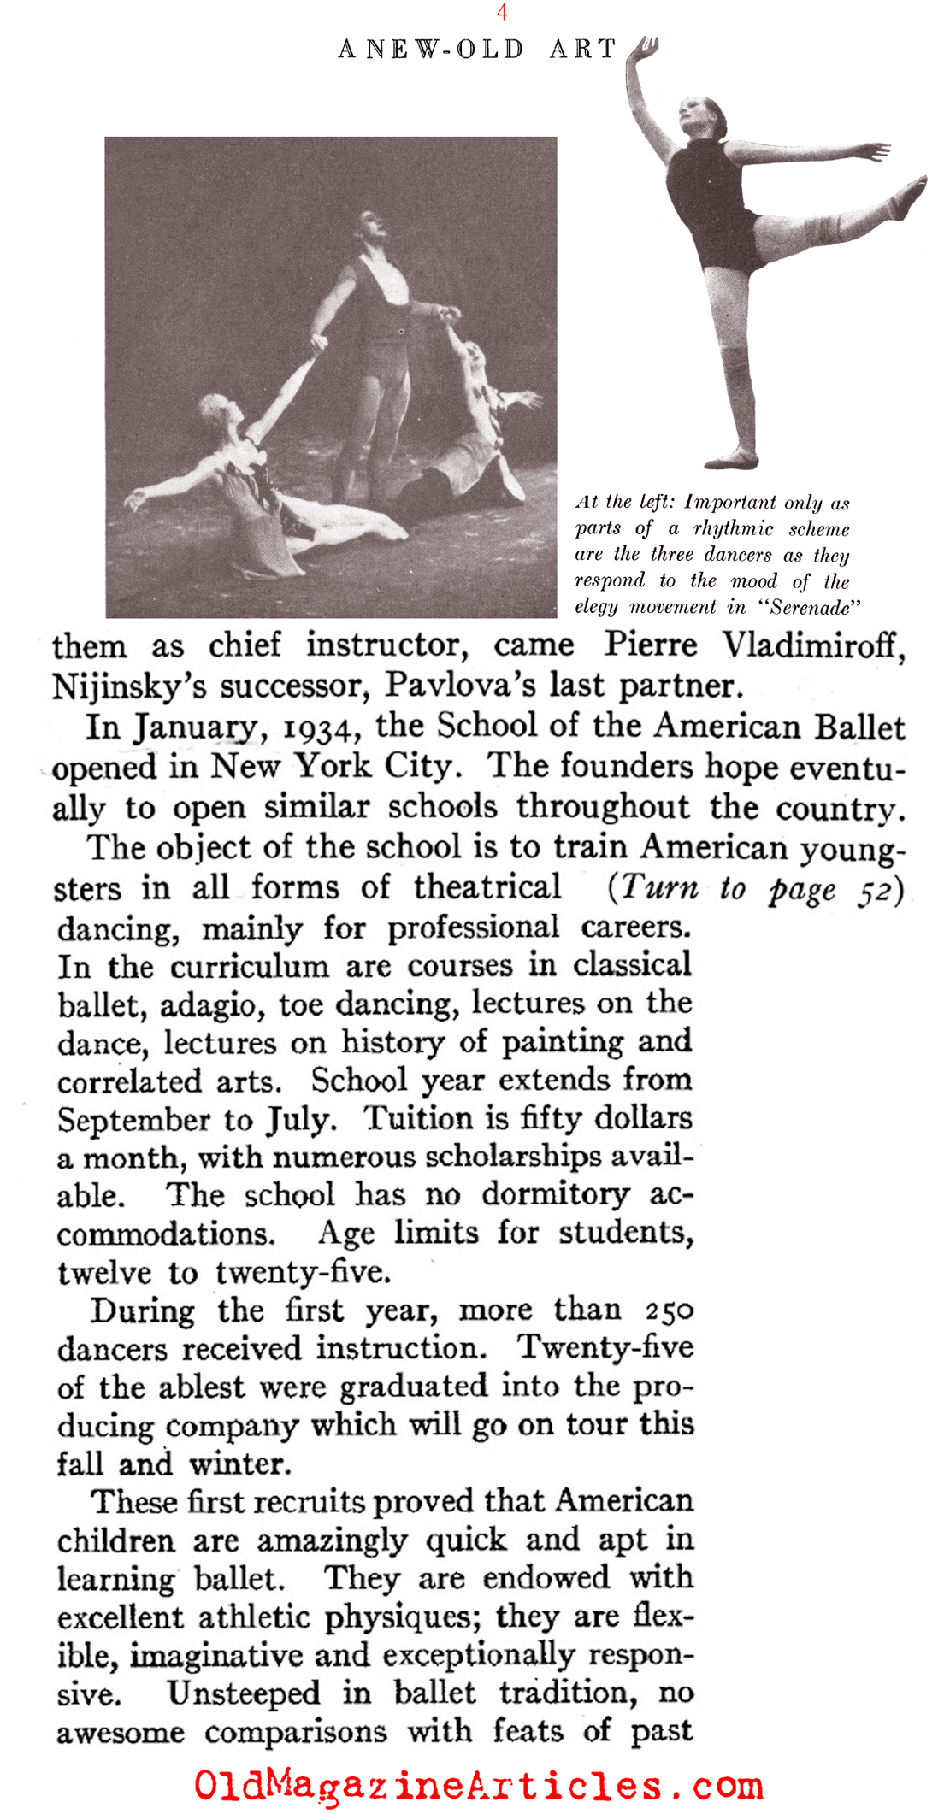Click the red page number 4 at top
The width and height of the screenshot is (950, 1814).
click(x=502, y=12)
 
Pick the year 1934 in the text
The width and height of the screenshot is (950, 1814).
click(x=316, y=727)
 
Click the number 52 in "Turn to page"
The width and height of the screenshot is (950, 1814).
click(x=876, y=889)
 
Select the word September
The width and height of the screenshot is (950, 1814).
click(x=134, y=1120)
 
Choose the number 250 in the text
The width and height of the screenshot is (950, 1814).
click(x=670, y=1310)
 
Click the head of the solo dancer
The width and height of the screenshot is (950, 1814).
click(x=699, y=117)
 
